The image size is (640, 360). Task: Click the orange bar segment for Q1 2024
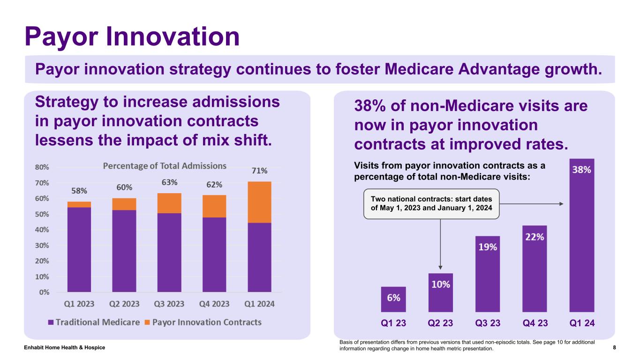(259, 202)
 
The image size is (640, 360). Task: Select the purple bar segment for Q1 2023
(79, 249)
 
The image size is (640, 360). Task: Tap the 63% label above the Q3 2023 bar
(169, 182)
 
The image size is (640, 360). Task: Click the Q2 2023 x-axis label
(124, 304)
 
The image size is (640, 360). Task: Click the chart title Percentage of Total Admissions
(165, 166)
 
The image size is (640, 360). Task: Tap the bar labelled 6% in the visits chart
(393, 300)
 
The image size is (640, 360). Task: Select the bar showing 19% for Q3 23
(488, 274)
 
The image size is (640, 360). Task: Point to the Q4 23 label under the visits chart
(535, 323)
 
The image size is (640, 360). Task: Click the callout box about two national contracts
(432, 204)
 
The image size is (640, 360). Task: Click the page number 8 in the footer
(614, 347)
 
